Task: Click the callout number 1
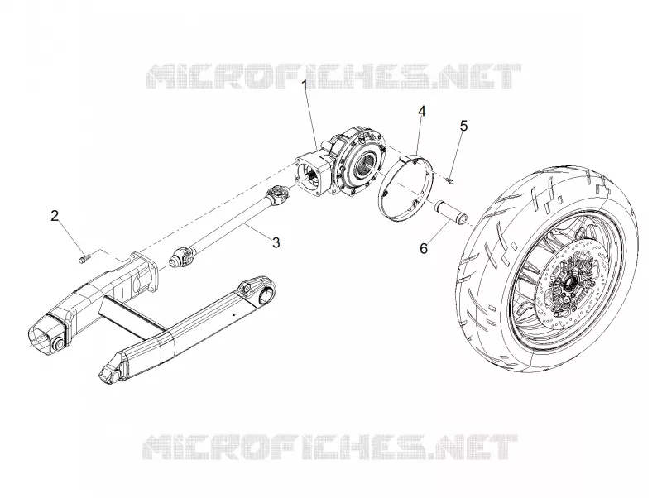(x=305, y=86)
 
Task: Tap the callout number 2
(x=55, y=216)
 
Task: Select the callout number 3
(x=276, y=242)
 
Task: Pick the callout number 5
(x=463, y=126)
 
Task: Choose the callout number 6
(x=424, y=248)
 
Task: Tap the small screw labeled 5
(x=450, y=180)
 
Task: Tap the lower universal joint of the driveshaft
(x=182, y=257)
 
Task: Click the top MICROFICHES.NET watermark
(x=333, y=76)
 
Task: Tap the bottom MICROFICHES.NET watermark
(x=330, y=447)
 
